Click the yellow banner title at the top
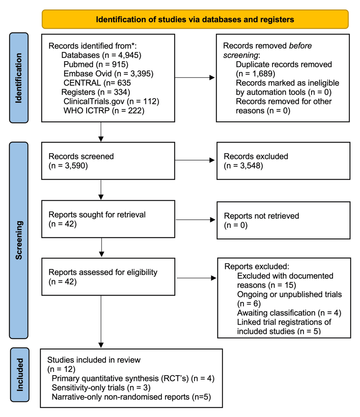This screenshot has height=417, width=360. (x=195, y=19)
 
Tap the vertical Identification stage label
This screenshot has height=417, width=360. (x=19, y=78)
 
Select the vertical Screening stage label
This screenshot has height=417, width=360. (x=19, y=240)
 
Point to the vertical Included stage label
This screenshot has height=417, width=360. (x=20, y=375)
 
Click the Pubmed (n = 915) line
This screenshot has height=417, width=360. (x=96, y=64)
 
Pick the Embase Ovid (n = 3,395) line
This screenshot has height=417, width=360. (x=108, y=74)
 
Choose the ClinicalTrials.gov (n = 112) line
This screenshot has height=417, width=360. (x=111, y=101)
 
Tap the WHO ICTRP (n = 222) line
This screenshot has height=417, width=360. (x=104, y=111)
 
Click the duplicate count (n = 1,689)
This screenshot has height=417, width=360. (x=256, y=74)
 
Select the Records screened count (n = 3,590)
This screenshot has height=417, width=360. (x=68, y=166)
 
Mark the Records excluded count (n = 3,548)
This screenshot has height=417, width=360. (x=244, y=166)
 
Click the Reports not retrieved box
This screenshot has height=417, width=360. (x=283, y=220)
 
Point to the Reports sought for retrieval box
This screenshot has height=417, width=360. (x=108, y=219)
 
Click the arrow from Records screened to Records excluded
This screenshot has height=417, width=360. (x=195, y=160)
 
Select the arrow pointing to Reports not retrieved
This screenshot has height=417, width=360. (x=196, y=220)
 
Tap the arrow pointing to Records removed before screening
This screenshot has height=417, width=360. (x=195, y=77)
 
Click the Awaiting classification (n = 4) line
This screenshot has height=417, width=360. (x=289, y=313)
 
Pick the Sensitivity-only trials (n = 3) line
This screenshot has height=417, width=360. (x=101, y=388)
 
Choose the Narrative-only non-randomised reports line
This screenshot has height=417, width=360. (x=131, y=397)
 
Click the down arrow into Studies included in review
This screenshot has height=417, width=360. (x=101, y=322)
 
